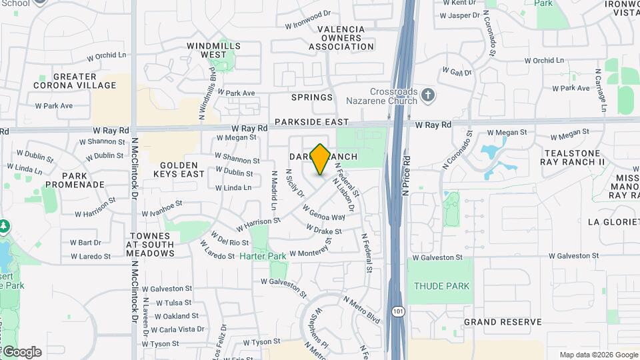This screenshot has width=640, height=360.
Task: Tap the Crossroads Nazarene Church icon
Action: (429, 97)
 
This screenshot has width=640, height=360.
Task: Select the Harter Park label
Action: (262, 256)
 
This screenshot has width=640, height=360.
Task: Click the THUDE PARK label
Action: (441, 286)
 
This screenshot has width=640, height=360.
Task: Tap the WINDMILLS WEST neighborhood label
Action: (207, 50)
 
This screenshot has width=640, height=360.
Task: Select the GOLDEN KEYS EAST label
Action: (179, 169)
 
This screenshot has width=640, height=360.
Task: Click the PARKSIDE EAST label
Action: (311, 123)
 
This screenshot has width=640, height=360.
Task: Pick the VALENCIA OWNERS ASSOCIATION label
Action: (341, 38)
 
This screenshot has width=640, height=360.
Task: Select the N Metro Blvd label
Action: (361, 310)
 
